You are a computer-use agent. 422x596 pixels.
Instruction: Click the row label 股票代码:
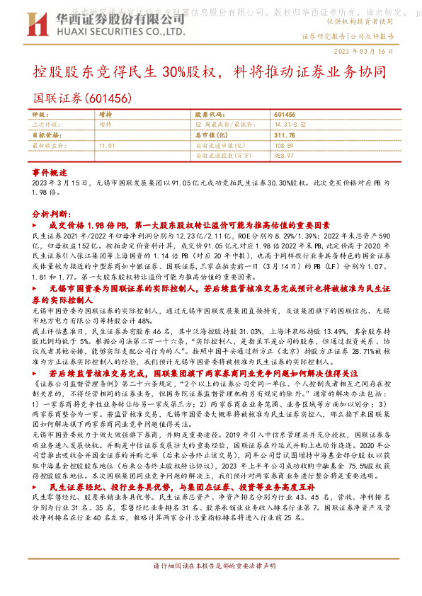(205, 114)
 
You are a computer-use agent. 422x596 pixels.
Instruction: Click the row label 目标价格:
(47, 134)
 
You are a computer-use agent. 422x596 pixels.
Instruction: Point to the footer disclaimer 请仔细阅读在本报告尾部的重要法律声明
(211, 568)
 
